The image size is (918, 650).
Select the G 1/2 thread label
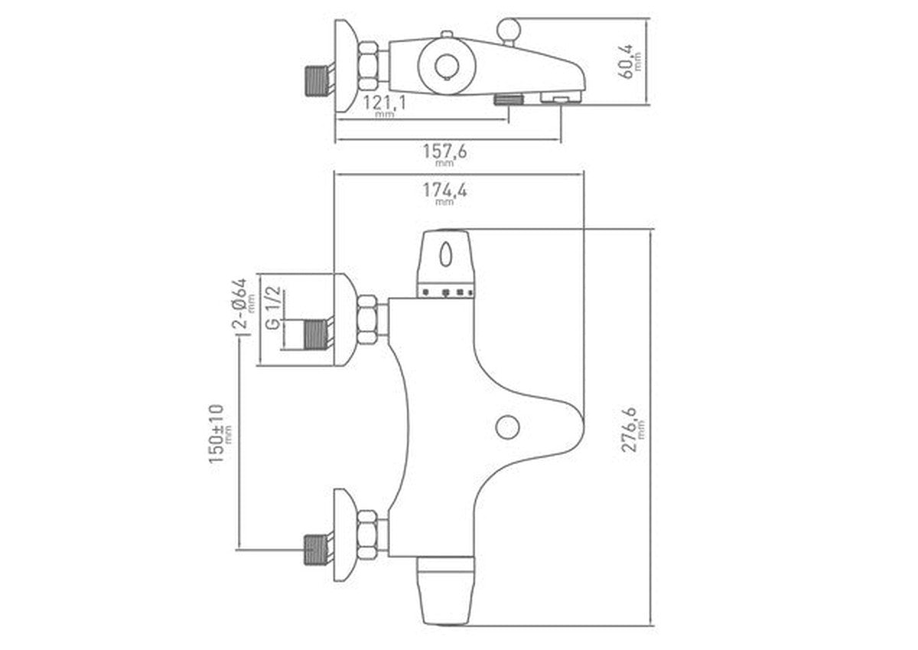[273, 308]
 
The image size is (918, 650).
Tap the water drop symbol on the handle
[445, 255]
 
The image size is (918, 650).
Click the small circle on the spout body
[507, 427]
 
